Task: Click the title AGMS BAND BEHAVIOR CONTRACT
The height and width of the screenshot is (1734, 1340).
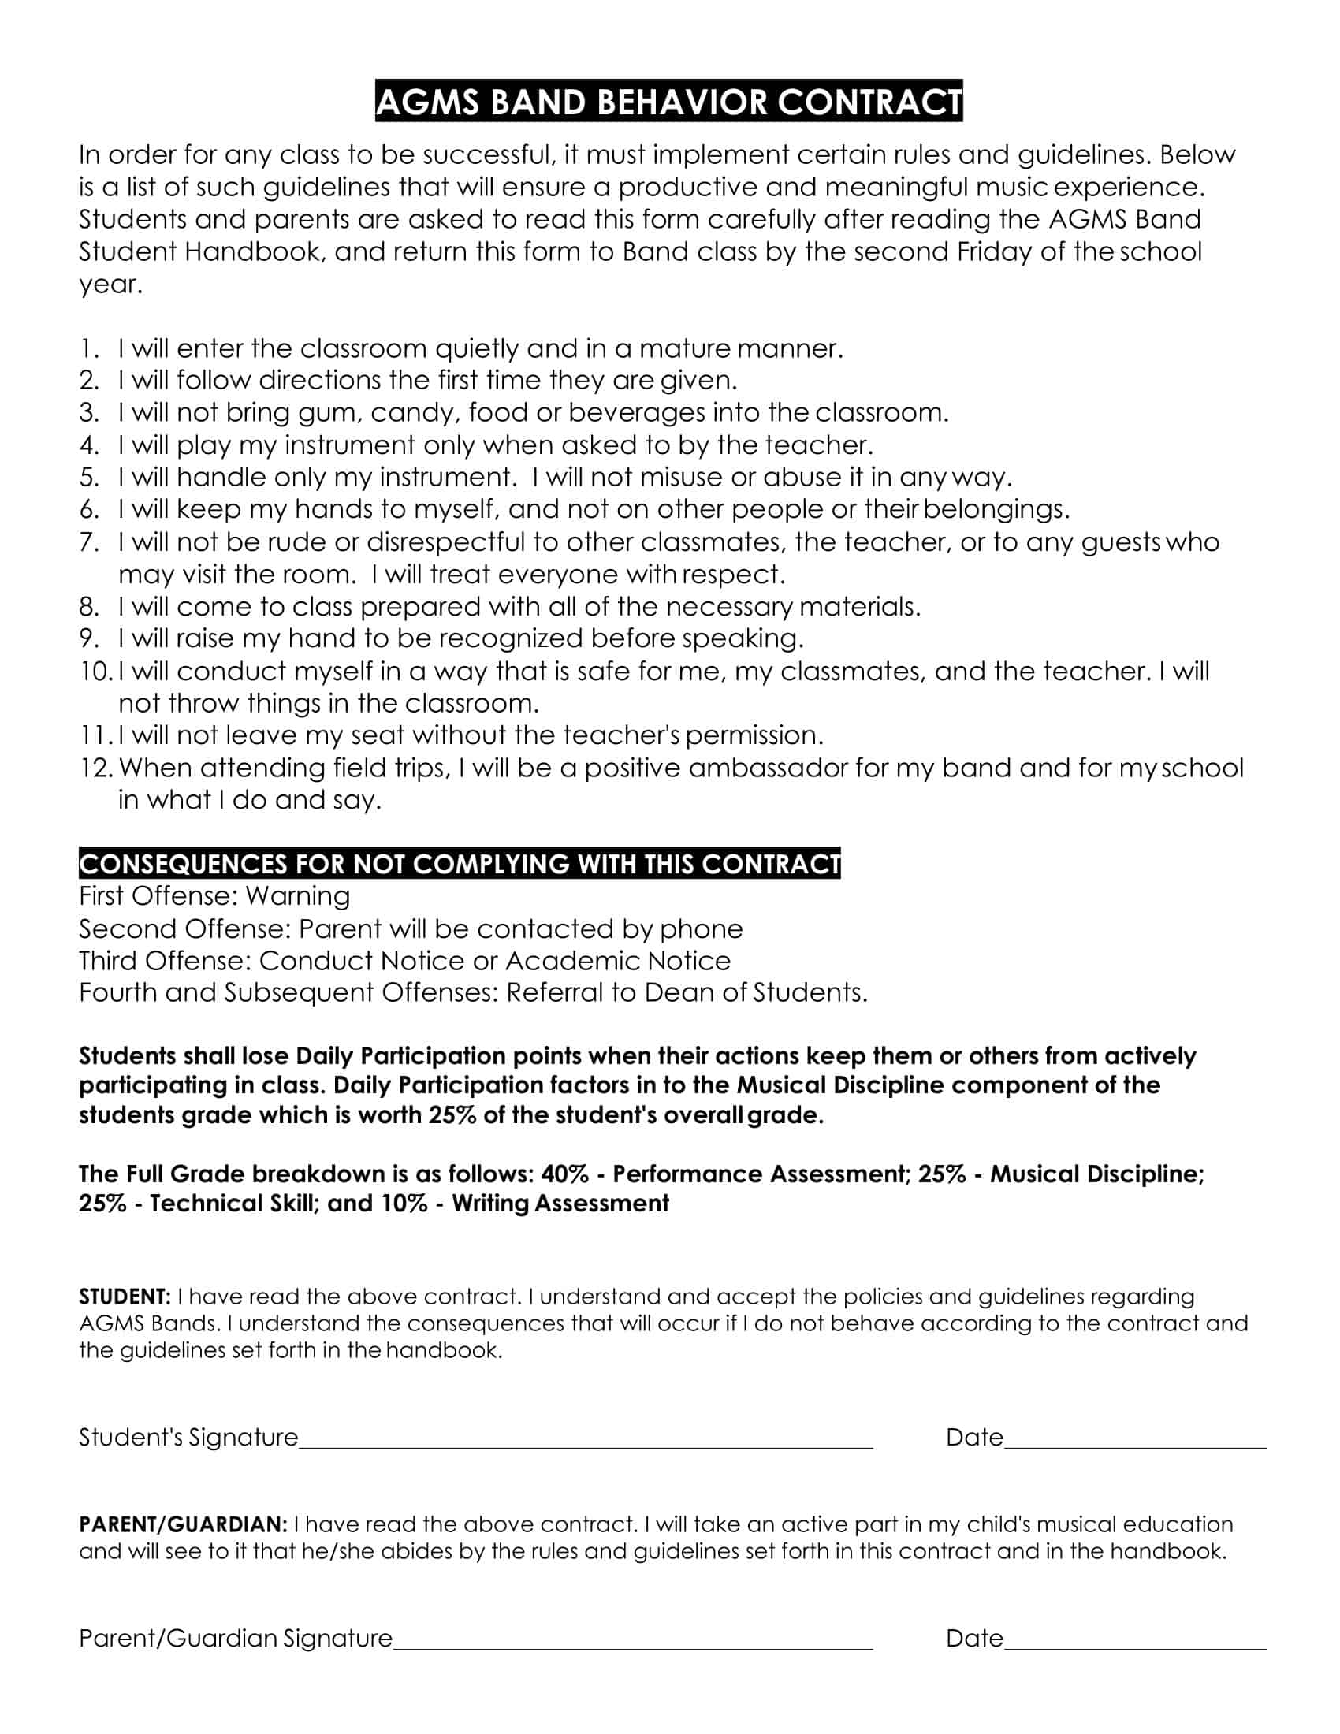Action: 668,102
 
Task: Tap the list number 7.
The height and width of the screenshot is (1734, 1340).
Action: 89,542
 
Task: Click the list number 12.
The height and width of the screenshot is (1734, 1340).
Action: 97,768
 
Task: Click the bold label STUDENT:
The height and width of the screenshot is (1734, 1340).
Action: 125,1297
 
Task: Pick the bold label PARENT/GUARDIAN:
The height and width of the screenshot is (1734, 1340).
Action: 183,1524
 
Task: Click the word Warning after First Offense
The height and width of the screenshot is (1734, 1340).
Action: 298,896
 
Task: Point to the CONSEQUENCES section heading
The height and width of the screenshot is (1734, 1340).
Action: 460,864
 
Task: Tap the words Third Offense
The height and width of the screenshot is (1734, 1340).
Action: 165,961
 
